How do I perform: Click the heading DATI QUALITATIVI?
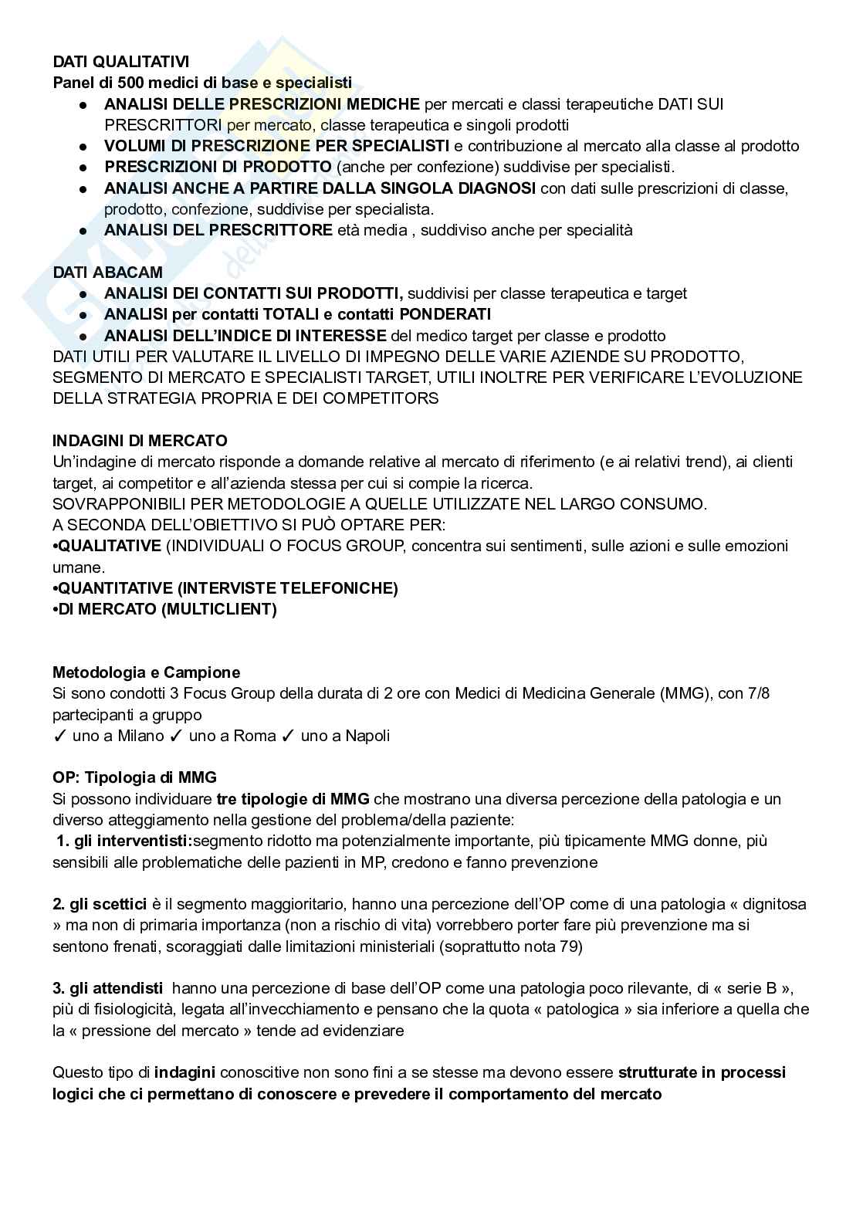coord(120,62)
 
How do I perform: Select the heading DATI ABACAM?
coord(107,272)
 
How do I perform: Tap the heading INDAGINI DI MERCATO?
coord(140,441)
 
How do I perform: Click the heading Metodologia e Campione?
coord(146,672)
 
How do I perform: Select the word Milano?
coord(140,736)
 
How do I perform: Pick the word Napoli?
coord(367,736)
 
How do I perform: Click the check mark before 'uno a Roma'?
coord(175,736)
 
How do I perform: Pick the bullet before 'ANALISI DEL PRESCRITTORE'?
coord(83,231)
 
